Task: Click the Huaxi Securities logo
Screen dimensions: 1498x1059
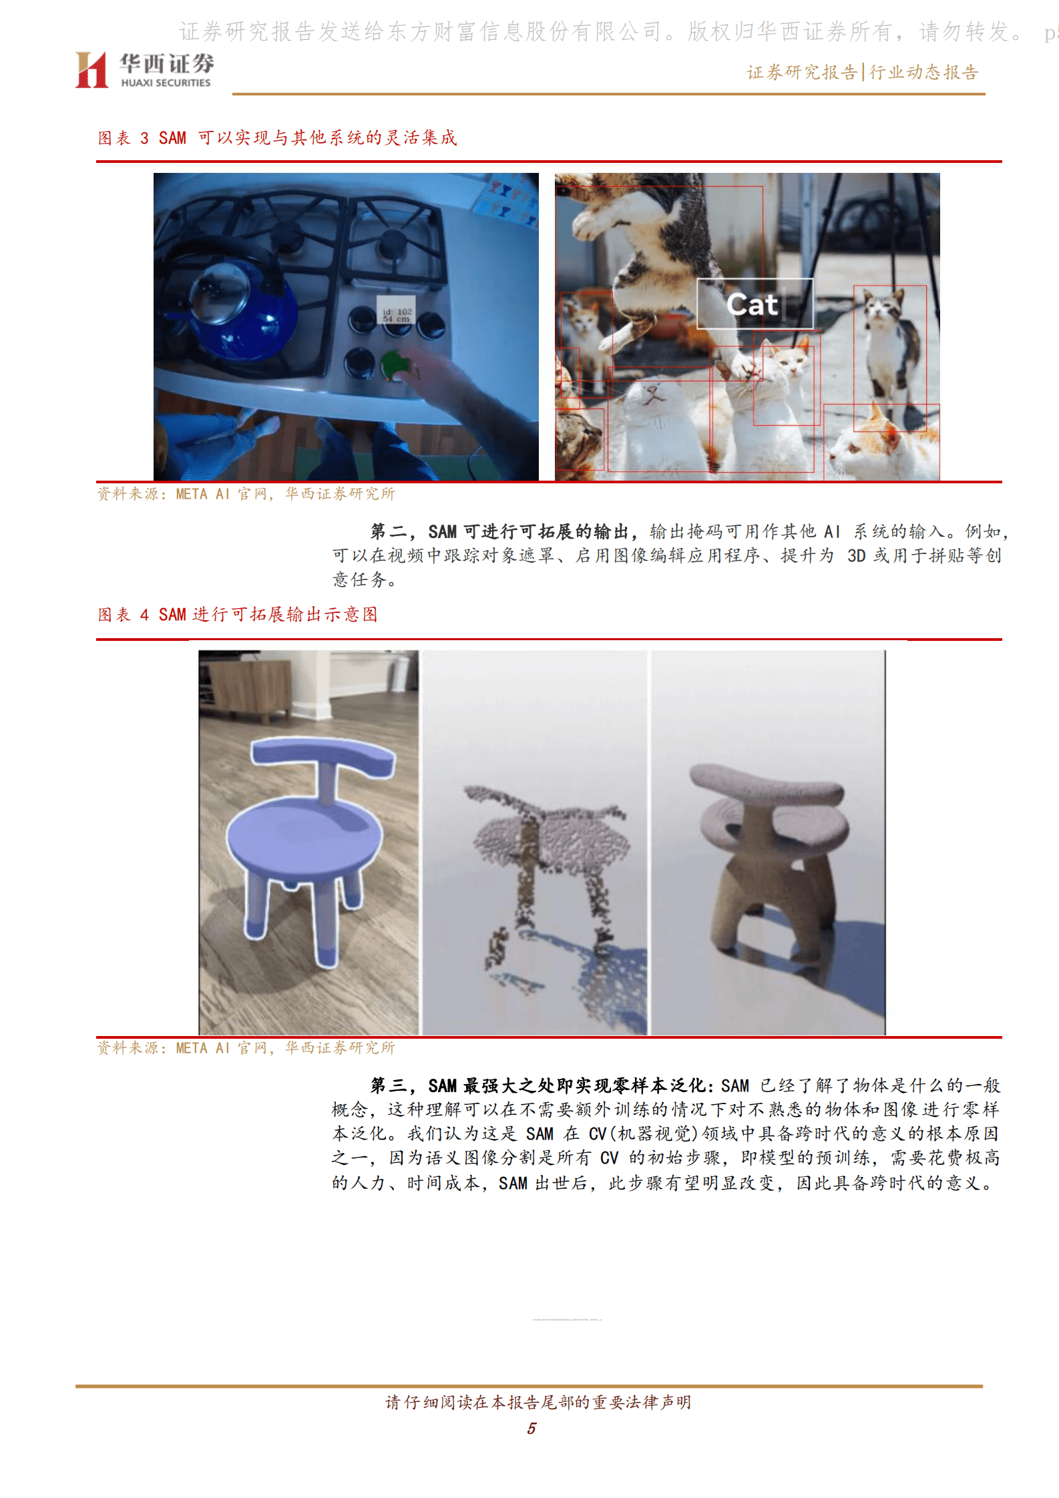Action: pyautogui.click(x=144, y=70)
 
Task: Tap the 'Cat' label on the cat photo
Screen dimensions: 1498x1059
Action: pyautogui.click(x=753, y=304)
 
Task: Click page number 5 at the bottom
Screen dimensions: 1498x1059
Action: pyautogui.click(x=532, y=1428)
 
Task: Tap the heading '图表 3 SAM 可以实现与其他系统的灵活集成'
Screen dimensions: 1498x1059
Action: pyautogui.click(x=277, y=138)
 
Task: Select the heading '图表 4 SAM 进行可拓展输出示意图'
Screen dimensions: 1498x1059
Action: pyautogui.click(x=238, y=615)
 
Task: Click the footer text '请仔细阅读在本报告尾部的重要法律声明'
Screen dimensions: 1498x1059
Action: pyautogui.click(x=538, y=1402)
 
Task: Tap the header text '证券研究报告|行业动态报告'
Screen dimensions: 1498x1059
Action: pyautogui.click(x=863, y=73)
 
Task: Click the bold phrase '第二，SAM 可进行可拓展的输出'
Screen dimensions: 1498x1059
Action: pyautogui.click(x=499, y=532)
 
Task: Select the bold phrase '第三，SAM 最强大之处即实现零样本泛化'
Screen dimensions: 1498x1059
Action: pyautogui.click(x=538, y=1086)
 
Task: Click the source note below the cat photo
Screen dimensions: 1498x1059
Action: pyautogui.click(x=246, y=494)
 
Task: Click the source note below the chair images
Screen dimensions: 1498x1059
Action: pyautogui.click(x=246, y=1048)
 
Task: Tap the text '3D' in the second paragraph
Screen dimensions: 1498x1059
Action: pyautogui.click(x=856, y=556)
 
